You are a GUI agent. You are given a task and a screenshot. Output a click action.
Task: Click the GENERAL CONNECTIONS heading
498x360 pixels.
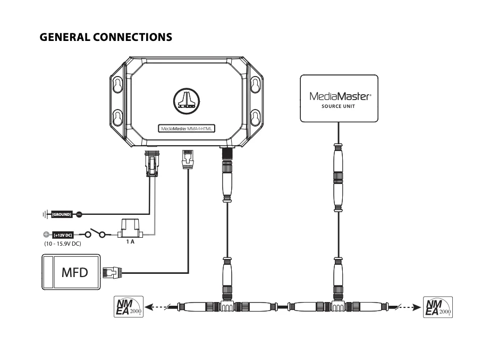click(x=106, y=37)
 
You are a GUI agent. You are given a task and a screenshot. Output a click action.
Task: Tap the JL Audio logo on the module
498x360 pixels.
click(x=185, y=100)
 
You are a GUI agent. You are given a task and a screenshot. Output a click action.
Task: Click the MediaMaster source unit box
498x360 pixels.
click(x=339, y=98)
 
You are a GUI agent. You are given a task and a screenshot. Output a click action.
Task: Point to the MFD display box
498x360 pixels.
click(x=71, y=273)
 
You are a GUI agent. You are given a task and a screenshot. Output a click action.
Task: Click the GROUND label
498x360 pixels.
click(x=62, y=214)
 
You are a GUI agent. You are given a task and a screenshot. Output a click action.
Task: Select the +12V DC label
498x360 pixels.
click(x=62, y=234)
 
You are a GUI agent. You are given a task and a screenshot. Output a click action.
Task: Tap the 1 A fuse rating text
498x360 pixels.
click(x=130, y=242)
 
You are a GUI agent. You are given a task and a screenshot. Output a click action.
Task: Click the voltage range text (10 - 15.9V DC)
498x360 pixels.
click(x=62, y=243)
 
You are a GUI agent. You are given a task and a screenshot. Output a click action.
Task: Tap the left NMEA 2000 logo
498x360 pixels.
click(x=128, y=307)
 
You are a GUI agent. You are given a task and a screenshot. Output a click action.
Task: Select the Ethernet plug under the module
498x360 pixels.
click(x=187, y=159)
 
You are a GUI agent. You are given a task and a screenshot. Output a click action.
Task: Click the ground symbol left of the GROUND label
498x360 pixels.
click(x=44, y=214)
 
